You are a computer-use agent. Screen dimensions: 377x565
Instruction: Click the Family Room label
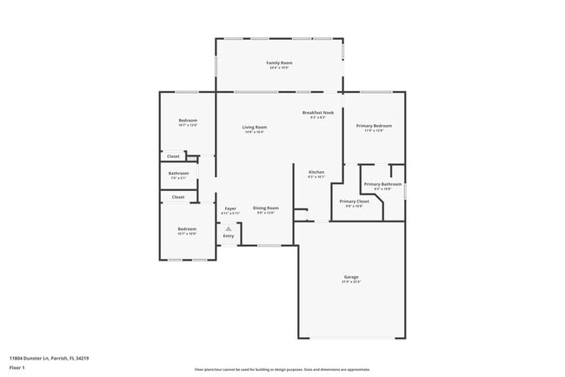coord(279,63)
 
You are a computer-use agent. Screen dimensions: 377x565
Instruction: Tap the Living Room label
coord(255,127)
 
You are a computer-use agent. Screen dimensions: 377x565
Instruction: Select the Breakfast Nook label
coord(318,113)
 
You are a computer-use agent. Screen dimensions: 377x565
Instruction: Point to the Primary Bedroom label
coord(375,126)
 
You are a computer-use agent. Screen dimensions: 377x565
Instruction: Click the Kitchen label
coord(316,172)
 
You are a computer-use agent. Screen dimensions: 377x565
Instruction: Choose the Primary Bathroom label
coord(382,184)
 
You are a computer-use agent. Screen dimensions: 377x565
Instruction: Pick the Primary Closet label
coord(355,202)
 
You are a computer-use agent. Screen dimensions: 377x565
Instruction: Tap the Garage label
coord(351,277)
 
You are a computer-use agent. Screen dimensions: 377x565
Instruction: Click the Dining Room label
coord(266,208)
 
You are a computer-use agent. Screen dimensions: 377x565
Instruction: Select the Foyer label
coord(230,208)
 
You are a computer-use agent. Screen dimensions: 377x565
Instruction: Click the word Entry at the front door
coord(229,235)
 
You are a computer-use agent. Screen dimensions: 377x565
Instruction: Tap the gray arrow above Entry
coord(229,228)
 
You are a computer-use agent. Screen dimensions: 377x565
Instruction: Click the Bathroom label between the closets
coord(179,174)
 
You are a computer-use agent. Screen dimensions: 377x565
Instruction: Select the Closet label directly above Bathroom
coord(174,156)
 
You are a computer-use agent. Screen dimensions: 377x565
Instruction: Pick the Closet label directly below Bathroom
coord(178,197)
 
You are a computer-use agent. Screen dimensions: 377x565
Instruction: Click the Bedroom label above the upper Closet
coord(188,121)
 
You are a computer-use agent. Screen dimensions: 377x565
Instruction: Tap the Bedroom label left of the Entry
coord(187,229)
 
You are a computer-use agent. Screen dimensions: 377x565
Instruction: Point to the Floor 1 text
coord(17,368)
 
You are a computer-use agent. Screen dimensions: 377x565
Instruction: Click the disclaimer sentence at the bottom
coord(282,369)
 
